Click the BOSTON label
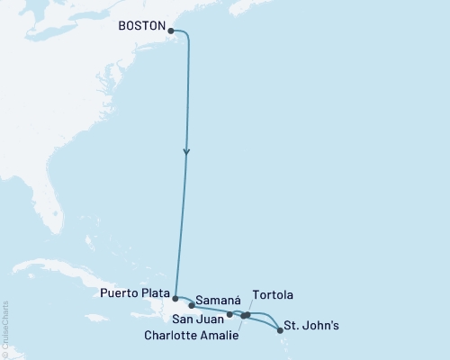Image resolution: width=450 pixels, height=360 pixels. (140, 27)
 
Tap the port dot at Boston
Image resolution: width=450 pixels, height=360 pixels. (171, 30)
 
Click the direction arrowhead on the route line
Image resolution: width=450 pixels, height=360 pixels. (186, 153)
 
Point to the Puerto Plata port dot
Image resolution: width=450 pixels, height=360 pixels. (175, 297)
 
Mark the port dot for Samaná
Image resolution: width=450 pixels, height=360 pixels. (192, 305)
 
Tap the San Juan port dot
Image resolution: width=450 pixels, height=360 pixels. (230, 315)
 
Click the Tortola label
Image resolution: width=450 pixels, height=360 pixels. (273, 295)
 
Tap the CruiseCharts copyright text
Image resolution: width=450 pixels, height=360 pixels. (5, 328)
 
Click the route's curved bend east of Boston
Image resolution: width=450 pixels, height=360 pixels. (186, 35)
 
